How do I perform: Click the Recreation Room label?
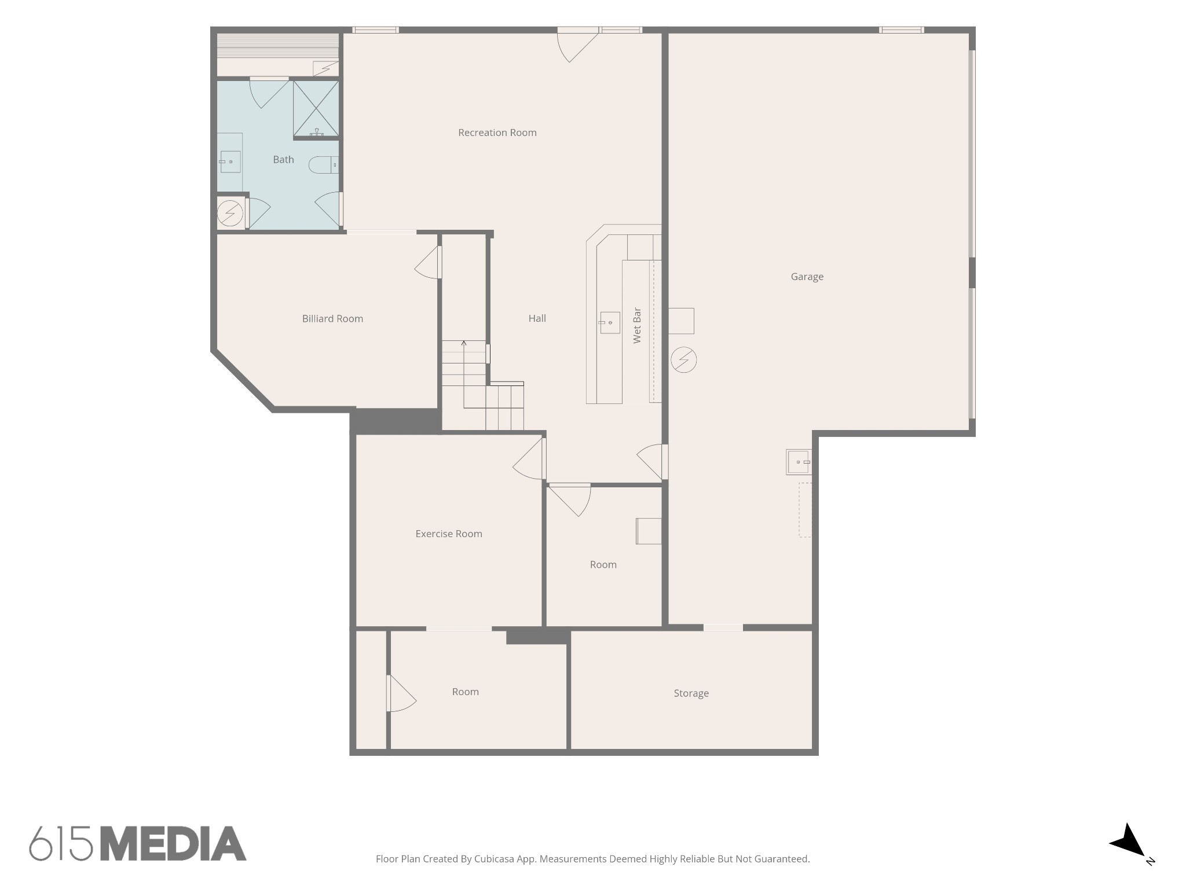point(497,133)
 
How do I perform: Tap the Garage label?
point(807,277)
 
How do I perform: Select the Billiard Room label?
point(332,318)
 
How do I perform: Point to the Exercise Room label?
point(449,534)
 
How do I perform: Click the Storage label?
point(691,693)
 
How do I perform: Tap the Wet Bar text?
point(637,325)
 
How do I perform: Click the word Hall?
point(537,318)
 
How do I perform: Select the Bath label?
point(283,160)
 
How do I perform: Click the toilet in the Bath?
point(324,166)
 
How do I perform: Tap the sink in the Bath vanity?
point(230,162)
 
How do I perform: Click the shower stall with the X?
point(316,109)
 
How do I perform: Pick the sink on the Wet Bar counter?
point(609,323)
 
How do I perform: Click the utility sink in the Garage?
point(799,462)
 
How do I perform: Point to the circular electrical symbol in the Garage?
point(683,360)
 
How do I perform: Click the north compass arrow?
point(1128,842)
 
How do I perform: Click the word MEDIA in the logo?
point(173,843)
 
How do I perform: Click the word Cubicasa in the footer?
point(495,859)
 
